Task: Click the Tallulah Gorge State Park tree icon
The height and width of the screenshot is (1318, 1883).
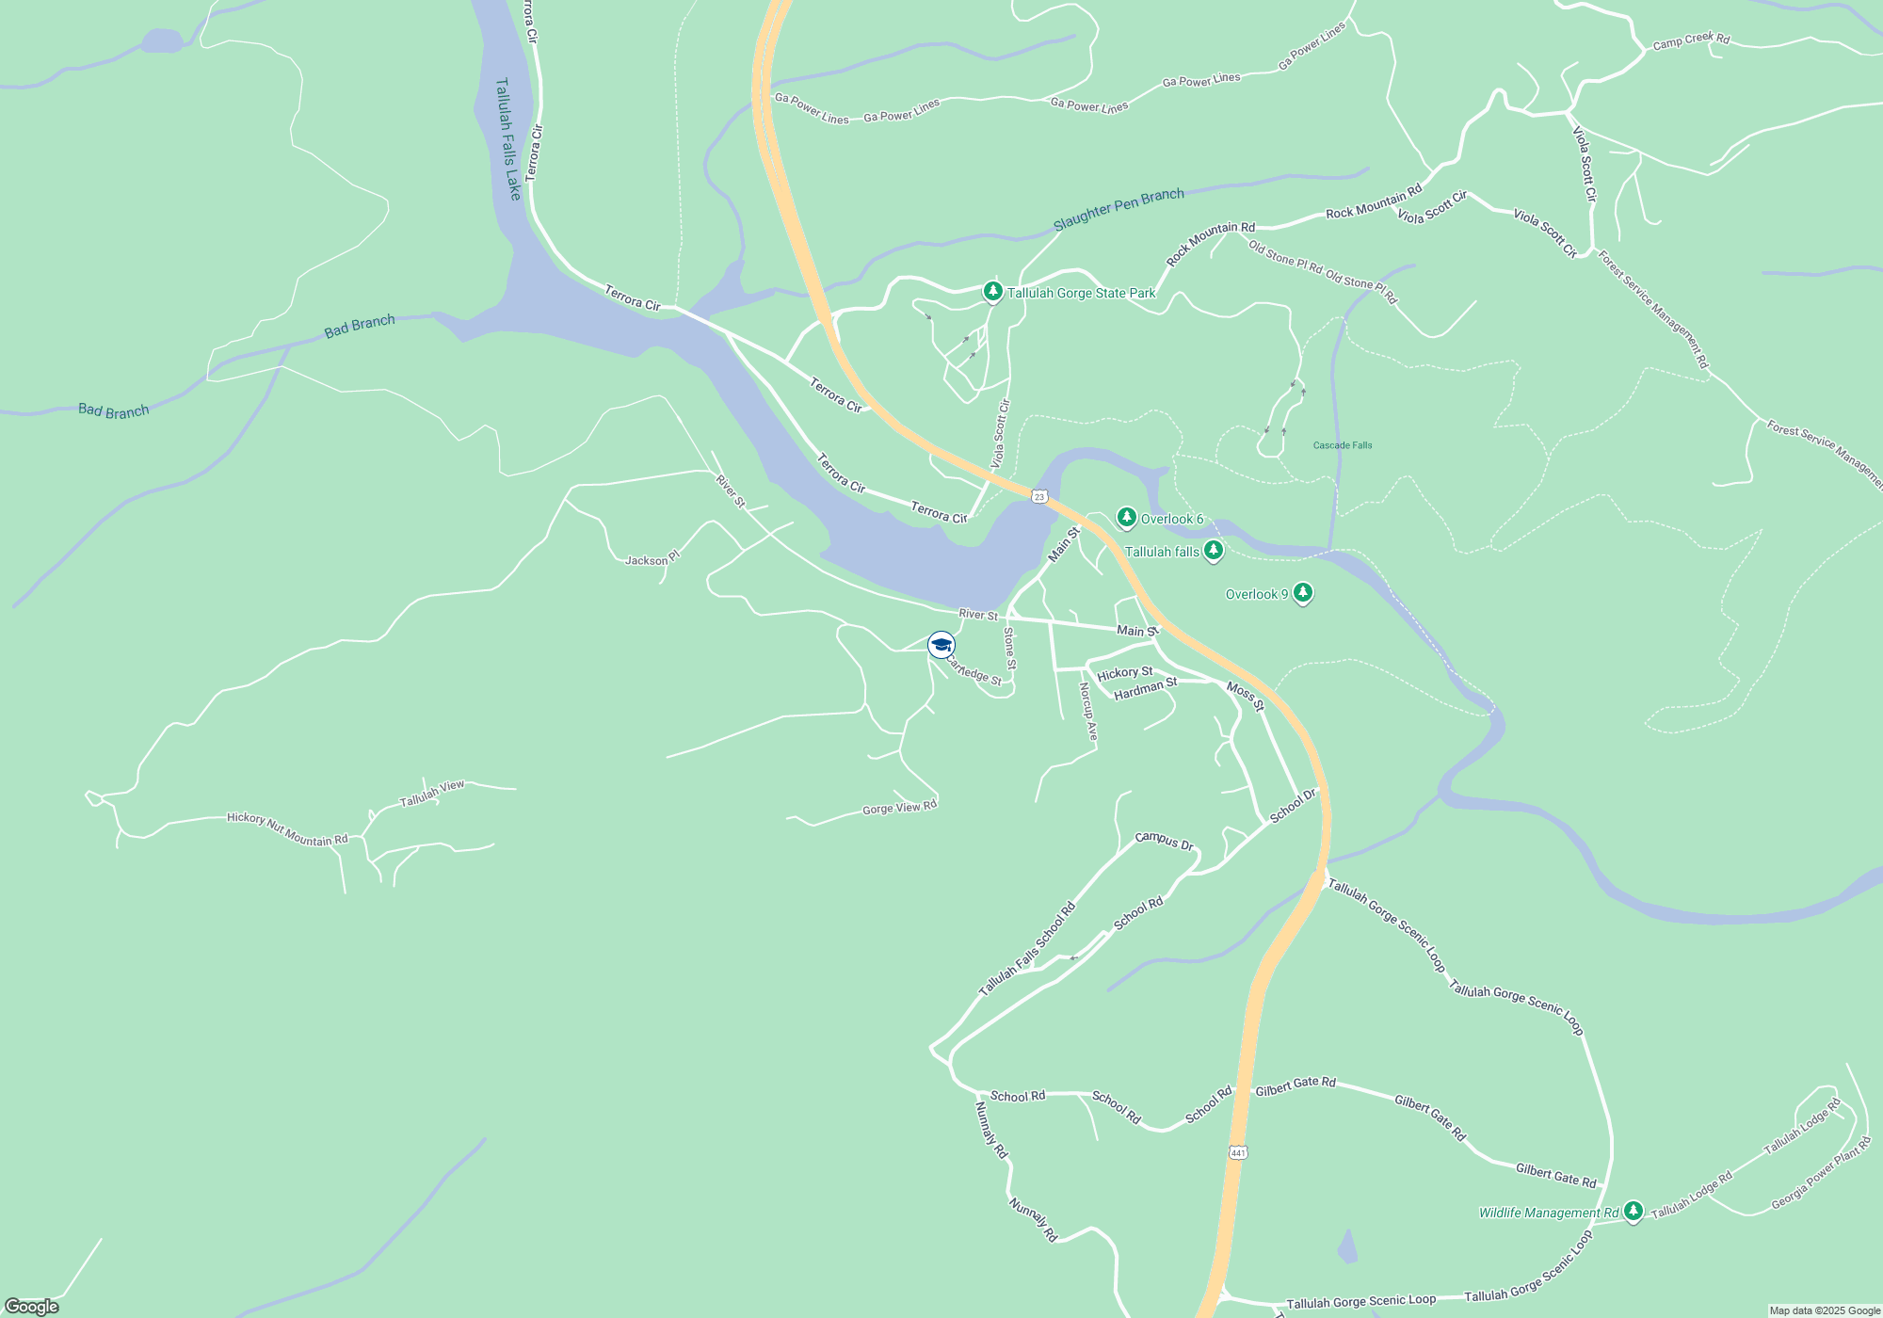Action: (x=992, y=292)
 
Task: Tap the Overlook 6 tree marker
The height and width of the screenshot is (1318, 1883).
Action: (x=1126, y=518)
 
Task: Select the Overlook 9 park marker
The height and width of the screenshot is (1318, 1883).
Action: (x=1303, y=593)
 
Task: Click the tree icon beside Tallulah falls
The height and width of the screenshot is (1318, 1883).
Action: (x=1214, y=552)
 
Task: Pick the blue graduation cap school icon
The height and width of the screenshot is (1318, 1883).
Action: (x=941, y=645)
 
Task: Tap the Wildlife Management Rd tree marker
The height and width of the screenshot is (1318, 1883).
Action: (x=1634, y=1212)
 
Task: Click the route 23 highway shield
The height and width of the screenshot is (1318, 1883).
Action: (x=1039, y=496)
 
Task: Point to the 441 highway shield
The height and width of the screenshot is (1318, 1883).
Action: (x=1238, y=1152)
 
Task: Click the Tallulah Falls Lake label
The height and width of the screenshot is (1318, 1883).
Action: (x=507, y=138)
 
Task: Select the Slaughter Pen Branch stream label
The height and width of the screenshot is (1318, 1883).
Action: (x=1119, y=208)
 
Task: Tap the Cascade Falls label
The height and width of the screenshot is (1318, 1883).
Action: (x=1343, y=445)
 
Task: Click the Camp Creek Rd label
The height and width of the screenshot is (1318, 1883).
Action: (x=1691, y=40)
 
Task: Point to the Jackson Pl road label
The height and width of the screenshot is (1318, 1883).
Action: (x=652, y=559)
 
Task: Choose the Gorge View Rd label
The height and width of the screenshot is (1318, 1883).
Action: (x=899, y=808)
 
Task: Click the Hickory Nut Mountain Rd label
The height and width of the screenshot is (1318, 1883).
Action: (x=287, y=829)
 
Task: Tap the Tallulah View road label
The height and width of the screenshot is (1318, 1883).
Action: (x=432, y=794)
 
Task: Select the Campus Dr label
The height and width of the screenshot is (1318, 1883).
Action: (x=1164, y=840)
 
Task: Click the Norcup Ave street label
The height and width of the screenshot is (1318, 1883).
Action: (x=1088, y=711)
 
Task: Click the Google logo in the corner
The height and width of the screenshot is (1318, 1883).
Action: (x=32, y=1306)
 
